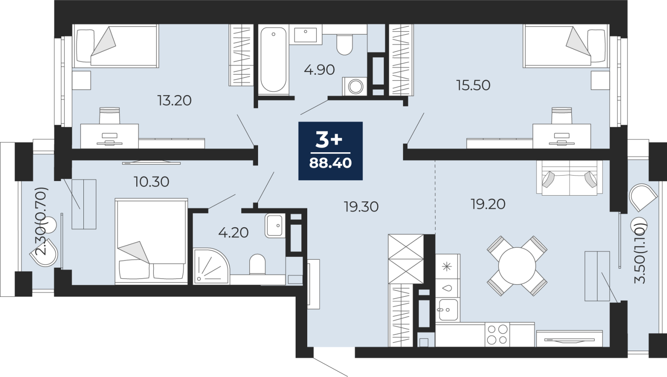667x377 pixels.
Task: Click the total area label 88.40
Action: [x=330, y=163]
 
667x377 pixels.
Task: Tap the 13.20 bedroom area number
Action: [x=174, y=101]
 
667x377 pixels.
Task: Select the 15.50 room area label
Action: [x=473, y=85]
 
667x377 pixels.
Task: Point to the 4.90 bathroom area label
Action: [x=319, y=70]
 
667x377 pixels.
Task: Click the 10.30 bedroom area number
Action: [x=152, y=182]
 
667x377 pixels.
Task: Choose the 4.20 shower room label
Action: [x=233, y=233]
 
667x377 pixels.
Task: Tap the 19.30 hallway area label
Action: [x=361, y=207]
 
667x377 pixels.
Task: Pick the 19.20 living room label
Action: [x=488, y=204]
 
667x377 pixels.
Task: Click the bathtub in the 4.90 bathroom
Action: [x=273, y=60]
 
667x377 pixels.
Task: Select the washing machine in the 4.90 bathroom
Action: [x=355, y=86]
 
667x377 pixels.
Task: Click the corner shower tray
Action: [x=211, y=266]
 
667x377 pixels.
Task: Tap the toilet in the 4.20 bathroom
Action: [x=257, y=264]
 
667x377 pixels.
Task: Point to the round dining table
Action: [x=517, y=266]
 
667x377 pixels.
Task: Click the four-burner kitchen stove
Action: [x=497, y=334]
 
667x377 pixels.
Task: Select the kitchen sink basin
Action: [x=448, y=309]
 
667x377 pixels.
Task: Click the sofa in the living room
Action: [x=569, y=178]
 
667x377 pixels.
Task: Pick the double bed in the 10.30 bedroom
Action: [x=151, y=241]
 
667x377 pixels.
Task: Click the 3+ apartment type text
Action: [x=329, y=140]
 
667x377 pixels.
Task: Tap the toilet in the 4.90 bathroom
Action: [x=344, y=45]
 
